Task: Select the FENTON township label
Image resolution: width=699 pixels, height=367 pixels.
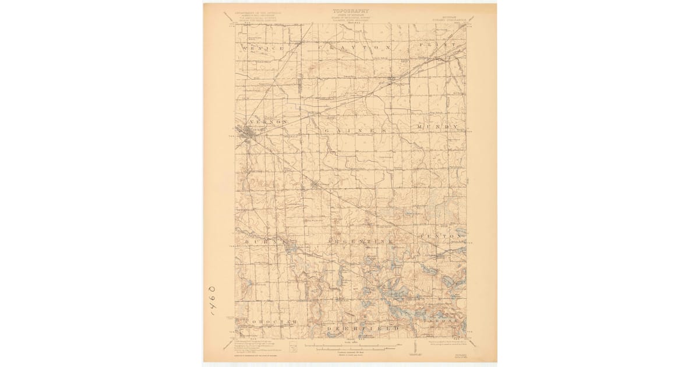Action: [440, 236]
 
